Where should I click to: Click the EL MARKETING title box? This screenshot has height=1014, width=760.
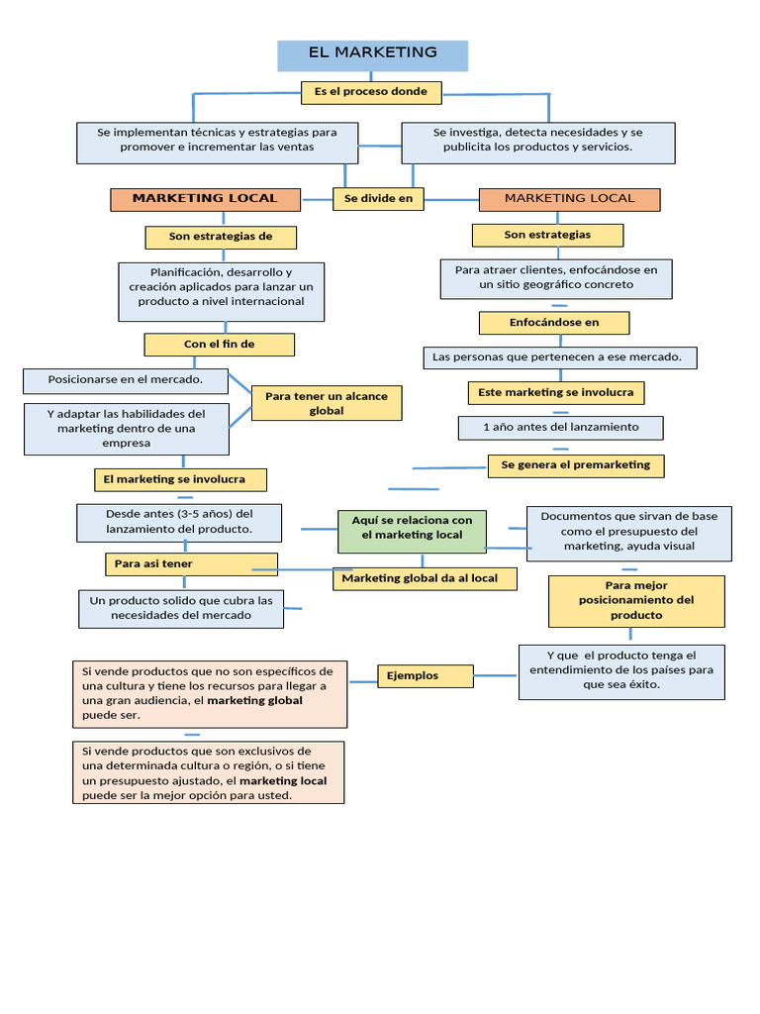[372, 54]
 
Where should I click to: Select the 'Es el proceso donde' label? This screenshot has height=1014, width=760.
[371, 92]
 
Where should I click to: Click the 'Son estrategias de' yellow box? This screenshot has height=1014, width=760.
[220, 237]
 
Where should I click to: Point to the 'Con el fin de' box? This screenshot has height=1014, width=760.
[219, 345]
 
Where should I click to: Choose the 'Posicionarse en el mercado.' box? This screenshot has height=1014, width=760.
[126, 379]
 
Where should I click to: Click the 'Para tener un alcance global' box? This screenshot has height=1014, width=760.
[327, 403]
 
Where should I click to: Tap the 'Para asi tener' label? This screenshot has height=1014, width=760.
[191, 563]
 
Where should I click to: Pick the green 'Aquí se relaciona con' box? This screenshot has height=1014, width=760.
[412, 528]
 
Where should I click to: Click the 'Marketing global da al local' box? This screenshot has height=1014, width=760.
[425, 578]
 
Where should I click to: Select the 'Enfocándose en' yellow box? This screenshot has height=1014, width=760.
[554, 323]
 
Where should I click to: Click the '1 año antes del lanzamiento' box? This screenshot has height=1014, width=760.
[560, 428]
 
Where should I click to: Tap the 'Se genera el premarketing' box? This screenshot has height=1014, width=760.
[575, 465]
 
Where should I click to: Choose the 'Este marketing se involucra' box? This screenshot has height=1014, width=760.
[555, 393]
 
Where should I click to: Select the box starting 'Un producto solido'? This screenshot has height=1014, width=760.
[181, 608]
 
